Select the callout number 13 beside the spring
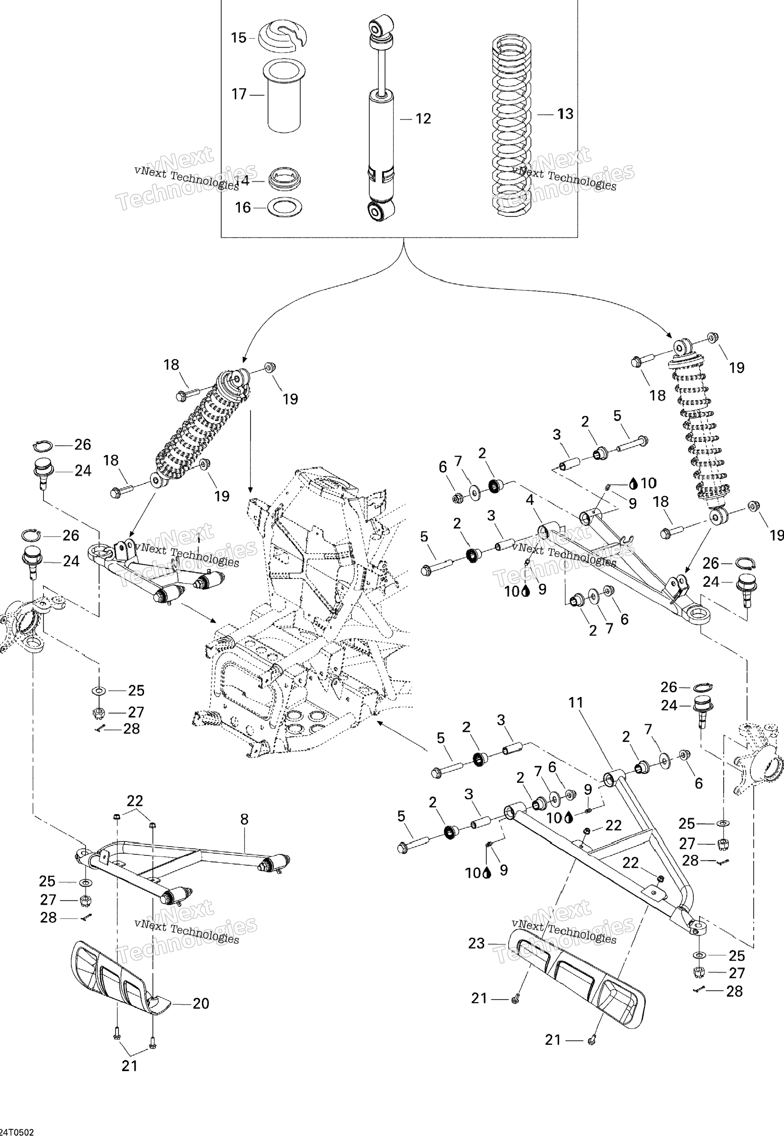point(565,114)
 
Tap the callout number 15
point(239,38)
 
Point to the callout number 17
point(239,94)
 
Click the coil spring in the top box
point(513,125)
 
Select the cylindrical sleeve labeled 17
point(283,96)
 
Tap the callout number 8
point(244,819)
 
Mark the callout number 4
point(530,500)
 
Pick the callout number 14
point(242,181)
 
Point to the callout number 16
point(243,207)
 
